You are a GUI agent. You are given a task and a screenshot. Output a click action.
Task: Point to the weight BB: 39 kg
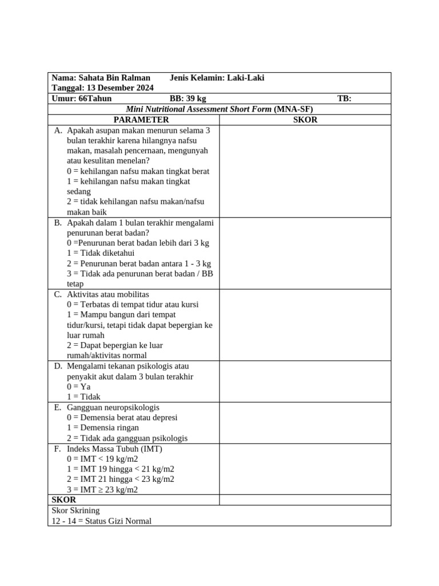point(188,98)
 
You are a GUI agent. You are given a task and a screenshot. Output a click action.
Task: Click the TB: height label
point(344,98)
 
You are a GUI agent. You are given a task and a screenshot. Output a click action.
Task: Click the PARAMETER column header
point(141,120)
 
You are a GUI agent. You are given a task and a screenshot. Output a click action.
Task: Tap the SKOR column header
point(305,120)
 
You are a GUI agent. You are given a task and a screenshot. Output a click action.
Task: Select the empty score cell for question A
point(305,171)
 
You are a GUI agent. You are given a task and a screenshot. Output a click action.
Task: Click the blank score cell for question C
point(305,324)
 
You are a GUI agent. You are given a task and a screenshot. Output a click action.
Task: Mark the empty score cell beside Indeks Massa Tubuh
point(305,469)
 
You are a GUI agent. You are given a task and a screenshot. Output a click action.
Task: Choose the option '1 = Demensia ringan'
point(103,427)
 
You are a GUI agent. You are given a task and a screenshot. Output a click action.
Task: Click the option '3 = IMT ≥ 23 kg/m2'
point(102,489)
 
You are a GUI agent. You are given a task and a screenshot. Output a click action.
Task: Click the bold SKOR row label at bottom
point(64,500)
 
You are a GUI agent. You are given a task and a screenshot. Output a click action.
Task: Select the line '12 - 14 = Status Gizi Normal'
point(102,521)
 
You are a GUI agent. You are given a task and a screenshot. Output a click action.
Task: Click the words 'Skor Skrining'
point(75,510)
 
